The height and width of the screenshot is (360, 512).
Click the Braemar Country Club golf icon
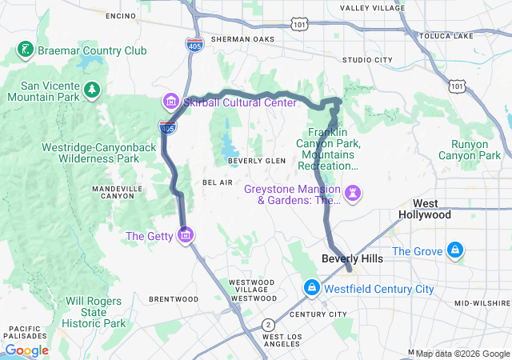[x=25, y=50]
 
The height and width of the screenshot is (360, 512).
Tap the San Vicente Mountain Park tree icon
[x=92, y=87]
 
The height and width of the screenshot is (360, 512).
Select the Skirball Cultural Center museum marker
[x=170, y=102]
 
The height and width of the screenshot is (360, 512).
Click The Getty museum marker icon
[x=186, y=235]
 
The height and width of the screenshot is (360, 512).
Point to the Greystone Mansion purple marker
[x=351, y=193]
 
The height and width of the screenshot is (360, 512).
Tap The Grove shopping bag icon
[x=455, y=251]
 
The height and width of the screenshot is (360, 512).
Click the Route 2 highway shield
[x=267, y=325]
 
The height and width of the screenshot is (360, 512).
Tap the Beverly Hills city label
[x=352, y=259]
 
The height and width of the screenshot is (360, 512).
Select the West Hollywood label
[x=431, y=209]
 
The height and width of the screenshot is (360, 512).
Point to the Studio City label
[x=367, y=60]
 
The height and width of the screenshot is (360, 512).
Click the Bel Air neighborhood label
[x=218, y=182]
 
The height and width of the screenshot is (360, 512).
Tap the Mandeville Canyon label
[x=118, y=192]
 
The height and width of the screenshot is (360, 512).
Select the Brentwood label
[x=174, y=298]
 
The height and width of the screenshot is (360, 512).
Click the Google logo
[x=26, y=350]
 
